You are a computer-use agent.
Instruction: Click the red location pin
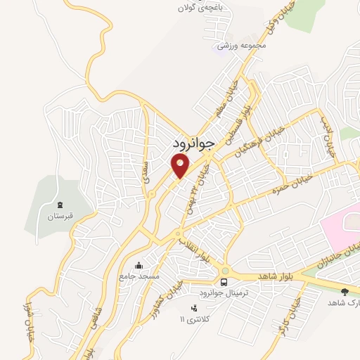180,166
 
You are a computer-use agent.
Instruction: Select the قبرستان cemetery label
60,217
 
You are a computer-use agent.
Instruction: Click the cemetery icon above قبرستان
60,205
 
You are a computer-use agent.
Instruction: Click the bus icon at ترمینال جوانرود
224,282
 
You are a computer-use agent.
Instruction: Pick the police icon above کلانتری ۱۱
193,308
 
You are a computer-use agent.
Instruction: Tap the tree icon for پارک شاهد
345,291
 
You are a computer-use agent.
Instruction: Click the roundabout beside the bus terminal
226,271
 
